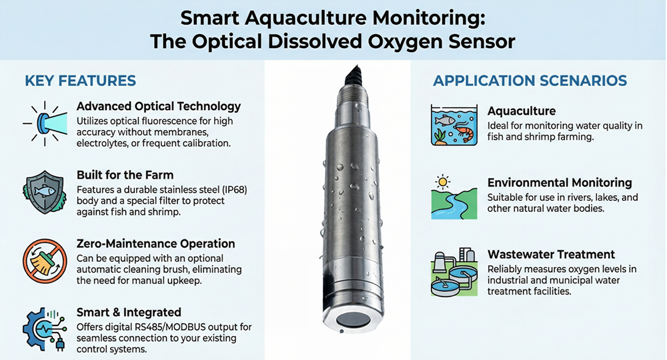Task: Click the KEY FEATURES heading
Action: (x=80, y=81)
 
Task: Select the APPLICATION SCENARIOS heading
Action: (x=530, y=81)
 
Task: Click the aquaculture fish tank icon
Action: (x=454, y=124)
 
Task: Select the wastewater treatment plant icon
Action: (x=454, y=271)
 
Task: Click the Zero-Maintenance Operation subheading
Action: (x=155, y=244)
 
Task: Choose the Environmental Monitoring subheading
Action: (x=560, y=183)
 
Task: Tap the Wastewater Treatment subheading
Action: (x=551, y=255)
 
